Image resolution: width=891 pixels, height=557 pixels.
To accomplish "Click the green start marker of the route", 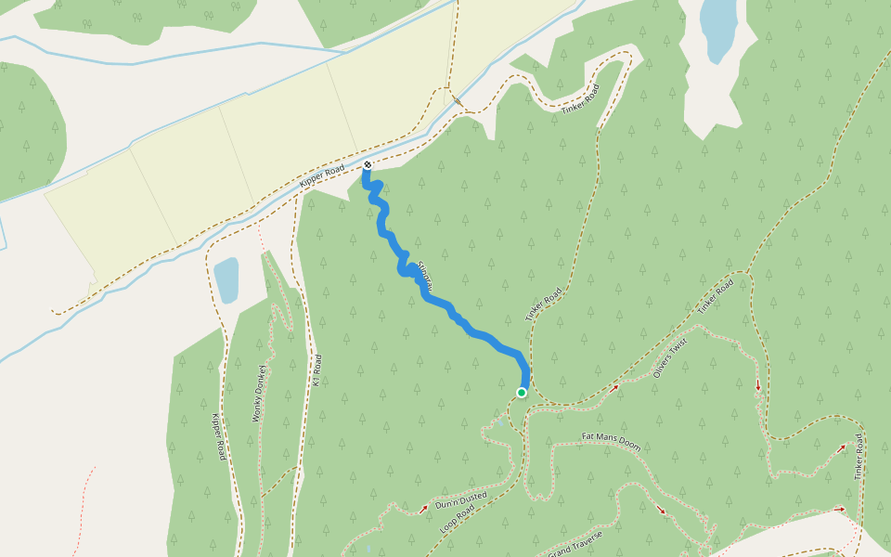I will point(522,393).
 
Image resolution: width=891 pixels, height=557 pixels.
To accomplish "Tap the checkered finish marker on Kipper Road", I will point(368,165).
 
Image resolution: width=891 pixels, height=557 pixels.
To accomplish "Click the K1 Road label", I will point(317,370).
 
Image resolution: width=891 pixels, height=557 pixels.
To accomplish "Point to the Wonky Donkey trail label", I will point(260,394).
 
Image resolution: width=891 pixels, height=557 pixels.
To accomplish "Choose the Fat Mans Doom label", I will point(611,442).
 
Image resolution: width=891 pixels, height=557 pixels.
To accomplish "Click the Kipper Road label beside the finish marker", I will point(323,176).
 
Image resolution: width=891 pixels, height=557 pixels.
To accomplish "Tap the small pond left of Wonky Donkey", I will point(226,280).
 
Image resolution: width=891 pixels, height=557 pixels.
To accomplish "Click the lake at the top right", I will point(718,28).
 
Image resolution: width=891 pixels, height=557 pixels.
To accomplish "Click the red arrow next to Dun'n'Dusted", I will point(424,508).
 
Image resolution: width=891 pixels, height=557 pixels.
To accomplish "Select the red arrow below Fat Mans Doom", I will point(661,510).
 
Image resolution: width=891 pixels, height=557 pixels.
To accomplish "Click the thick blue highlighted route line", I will point(445,305).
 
